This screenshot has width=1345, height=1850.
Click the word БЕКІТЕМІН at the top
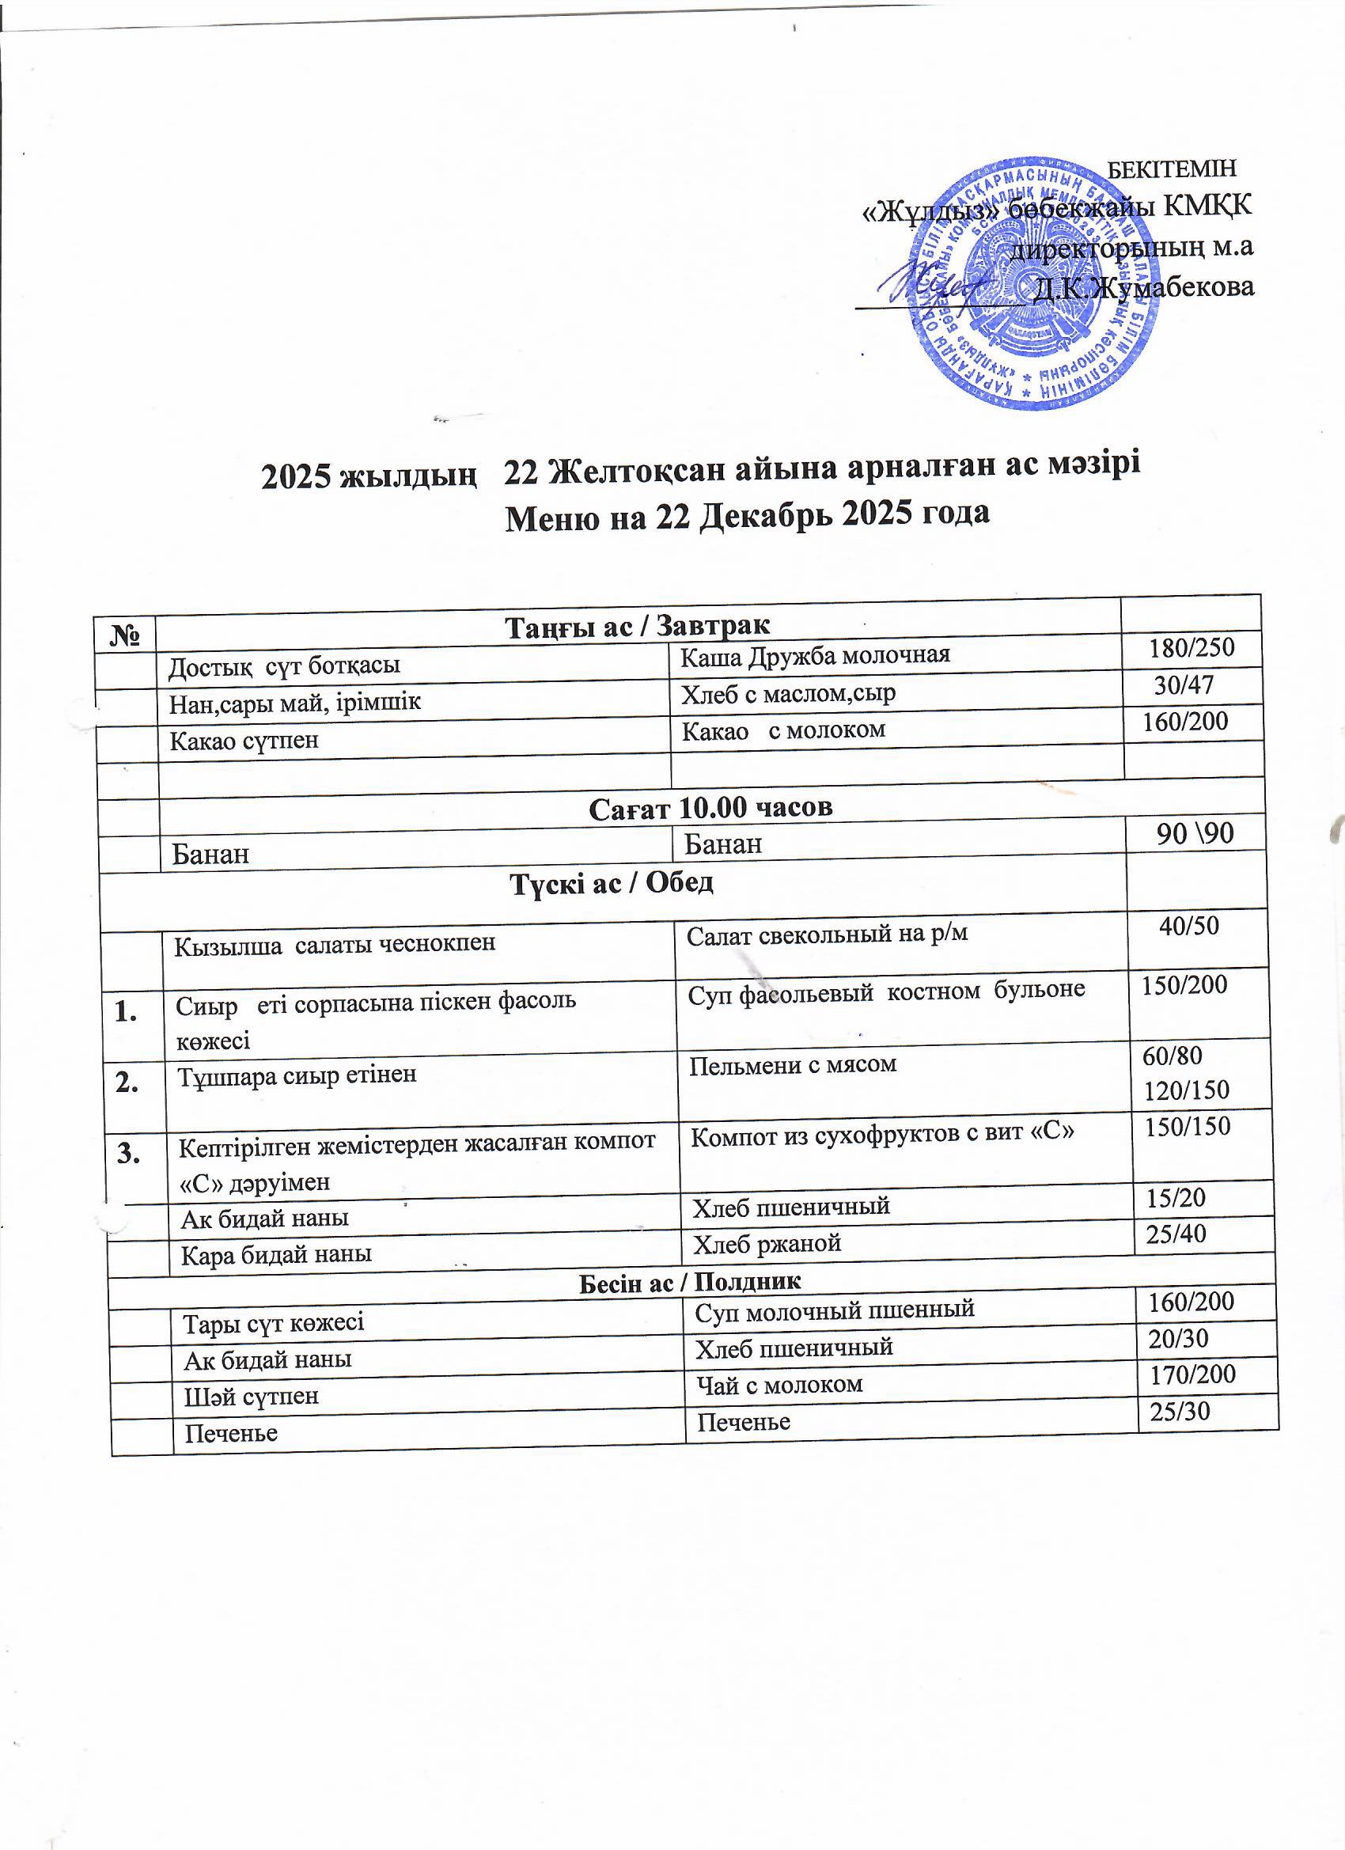(x=1173, y=168)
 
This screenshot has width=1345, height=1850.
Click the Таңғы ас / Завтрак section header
(x=638, y=626)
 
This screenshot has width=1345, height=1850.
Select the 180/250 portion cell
(x=1191, y=648)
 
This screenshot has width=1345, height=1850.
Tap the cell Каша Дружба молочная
(x=815, y=655)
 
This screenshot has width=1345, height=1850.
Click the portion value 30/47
(x=1184, y=684)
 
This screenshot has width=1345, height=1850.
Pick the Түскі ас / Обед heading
(x=612, y=882)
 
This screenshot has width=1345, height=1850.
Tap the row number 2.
(x=127, y=1083)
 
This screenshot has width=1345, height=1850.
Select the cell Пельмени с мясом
(x=793, y=1064)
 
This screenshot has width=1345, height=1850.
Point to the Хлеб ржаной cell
(x=767, y=1243)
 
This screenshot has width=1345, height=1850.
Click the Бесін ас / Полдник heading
(x=689, y=1281)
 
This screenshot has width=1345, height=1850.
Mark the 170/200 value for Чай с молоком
(x=1192, y=1375)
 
